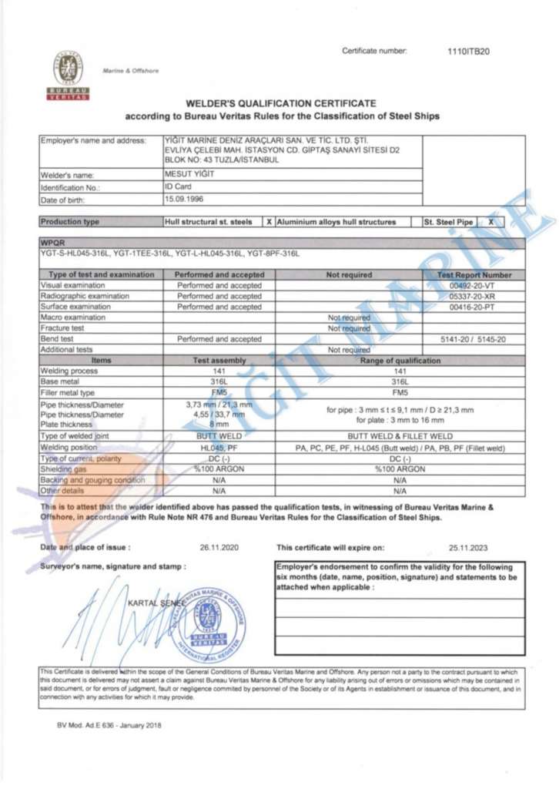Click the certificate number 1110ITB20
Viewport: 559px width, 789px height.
tap(468, 52)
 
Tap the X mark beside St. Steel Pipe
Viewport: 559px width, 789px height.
tap(490, 222)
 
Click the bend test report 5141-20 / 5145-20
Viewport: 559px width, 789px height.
tap(473, 339)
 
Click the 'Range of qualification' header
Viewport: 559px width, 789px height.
tap(399, 361)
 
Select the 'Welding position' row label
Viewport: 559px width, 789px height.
tap(74, 448)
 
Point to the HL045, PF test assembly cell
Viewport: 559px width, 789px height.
tap(219, 448)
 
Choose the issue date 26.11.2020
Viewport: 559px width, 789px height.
tap(220, 548)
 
